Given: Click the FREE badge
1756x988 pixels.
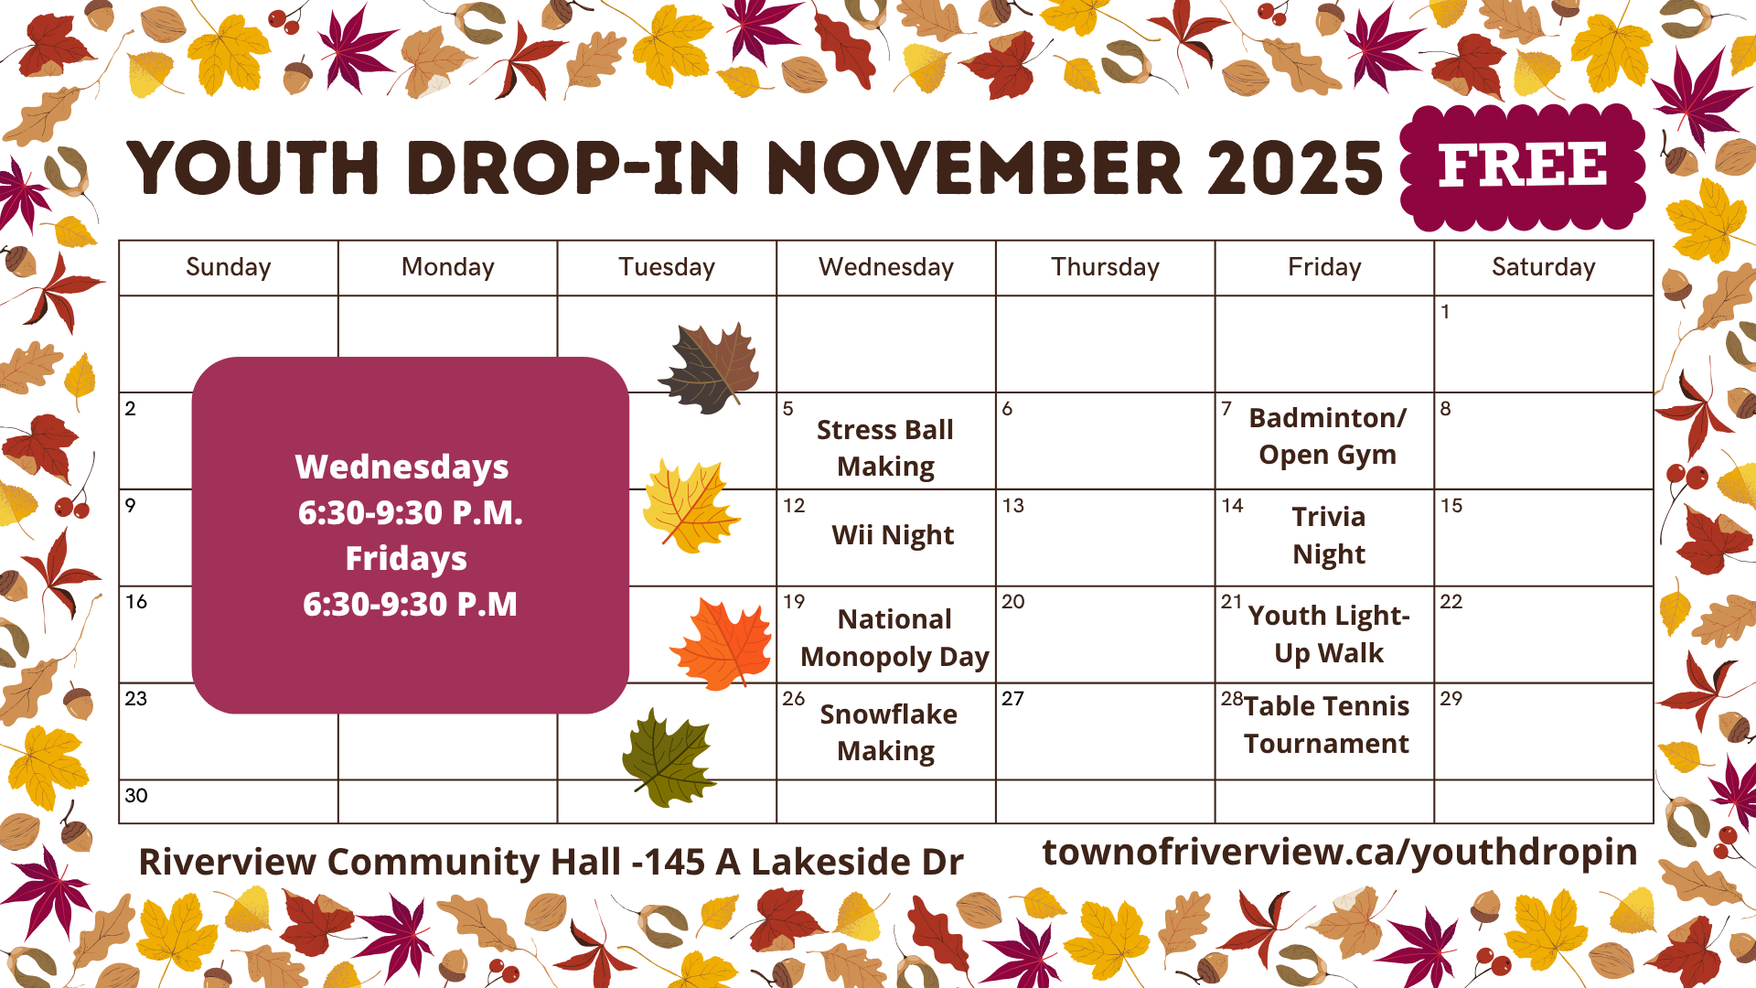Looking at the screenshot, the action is (x=1523, y=166).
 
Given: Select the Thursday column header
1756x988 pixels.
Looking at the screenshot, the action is (x=1105, y=267).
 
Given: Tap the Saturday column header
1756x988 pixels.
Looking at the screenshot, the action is (x=1544, y=267).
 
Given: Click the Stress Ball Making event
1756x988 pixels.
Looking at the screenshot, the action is (x=885, y=447).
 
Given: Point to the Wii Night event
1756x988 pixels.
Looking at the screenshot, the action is (x=893, y=535).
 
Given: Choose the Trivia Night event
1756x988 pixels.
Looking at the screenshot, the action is (x=1329, y=535).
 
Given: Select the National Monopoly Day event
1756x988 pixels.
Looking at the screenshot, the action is (x=894, y=638).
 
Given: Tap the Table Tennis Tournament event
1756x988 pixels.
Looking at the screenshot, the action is (x=1326, y=725).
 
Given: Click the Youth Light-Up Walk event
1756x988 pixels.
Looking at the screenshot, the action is (x=1329, y=634).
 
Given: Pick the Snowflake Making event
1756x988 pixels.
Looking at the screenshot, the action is (x=888, y=732).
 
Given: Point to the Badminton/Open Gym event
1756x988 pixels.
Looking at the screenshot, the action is (x=1327, y=436).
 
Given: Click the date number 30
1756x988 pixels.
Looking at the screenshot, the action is (x=136, y=796).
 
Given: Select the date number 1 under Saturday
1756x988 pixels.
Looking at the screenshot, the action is (x=1445, y=312).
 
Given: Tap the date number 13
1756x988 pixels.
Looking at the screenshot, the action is (x=1013, y=506).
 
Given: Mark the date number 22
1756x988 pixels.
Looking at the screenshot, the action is (x=1451, y=602).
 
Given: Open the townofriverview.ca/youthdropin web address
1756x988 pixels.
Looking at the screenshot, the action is (x=1340, y=853).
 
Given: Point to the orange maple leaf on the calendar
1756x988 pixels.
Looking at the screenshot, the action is (x=722, y=643).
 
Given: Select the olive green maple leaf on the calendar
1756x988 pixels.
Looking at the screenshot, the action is (x=669, y=758).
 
